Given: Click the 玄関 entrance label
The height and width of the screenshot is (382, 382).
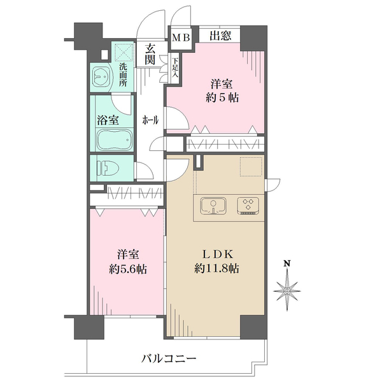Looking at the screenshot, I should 151,54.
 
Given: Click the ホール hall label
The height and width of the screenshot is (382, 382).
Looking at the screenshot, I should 150,120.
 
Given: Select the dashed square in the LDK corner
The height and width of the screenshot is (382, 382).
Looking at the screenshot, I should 250,167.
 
